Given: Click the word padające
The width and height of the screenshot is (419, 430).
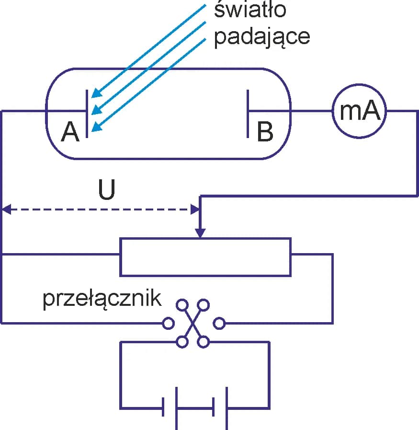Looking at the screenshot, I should tap(261, 36).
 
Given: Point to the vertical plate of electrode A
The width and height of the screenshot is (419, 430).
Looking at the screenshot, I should tap(87, 113).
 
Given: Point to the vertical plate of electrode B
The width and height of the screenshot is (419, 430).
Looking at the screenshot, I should tap(248, 113).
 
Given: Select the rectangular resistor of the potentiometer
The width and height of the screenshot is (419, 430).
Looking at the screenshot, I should tap(205, 256).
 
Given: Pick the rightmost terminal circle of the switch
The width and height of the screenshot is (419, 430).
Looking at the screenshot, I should tap(219, 324).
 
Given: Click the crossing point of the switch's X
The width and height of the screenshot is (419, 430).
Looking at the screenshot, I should tap(193, 324).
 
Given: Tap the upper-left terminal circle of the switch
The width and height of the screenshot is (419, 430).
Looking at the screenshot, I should tap(182, 305).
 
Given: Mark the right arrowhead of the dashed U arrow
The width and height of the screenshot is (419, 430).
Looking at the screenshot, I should tap(195, 209).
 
